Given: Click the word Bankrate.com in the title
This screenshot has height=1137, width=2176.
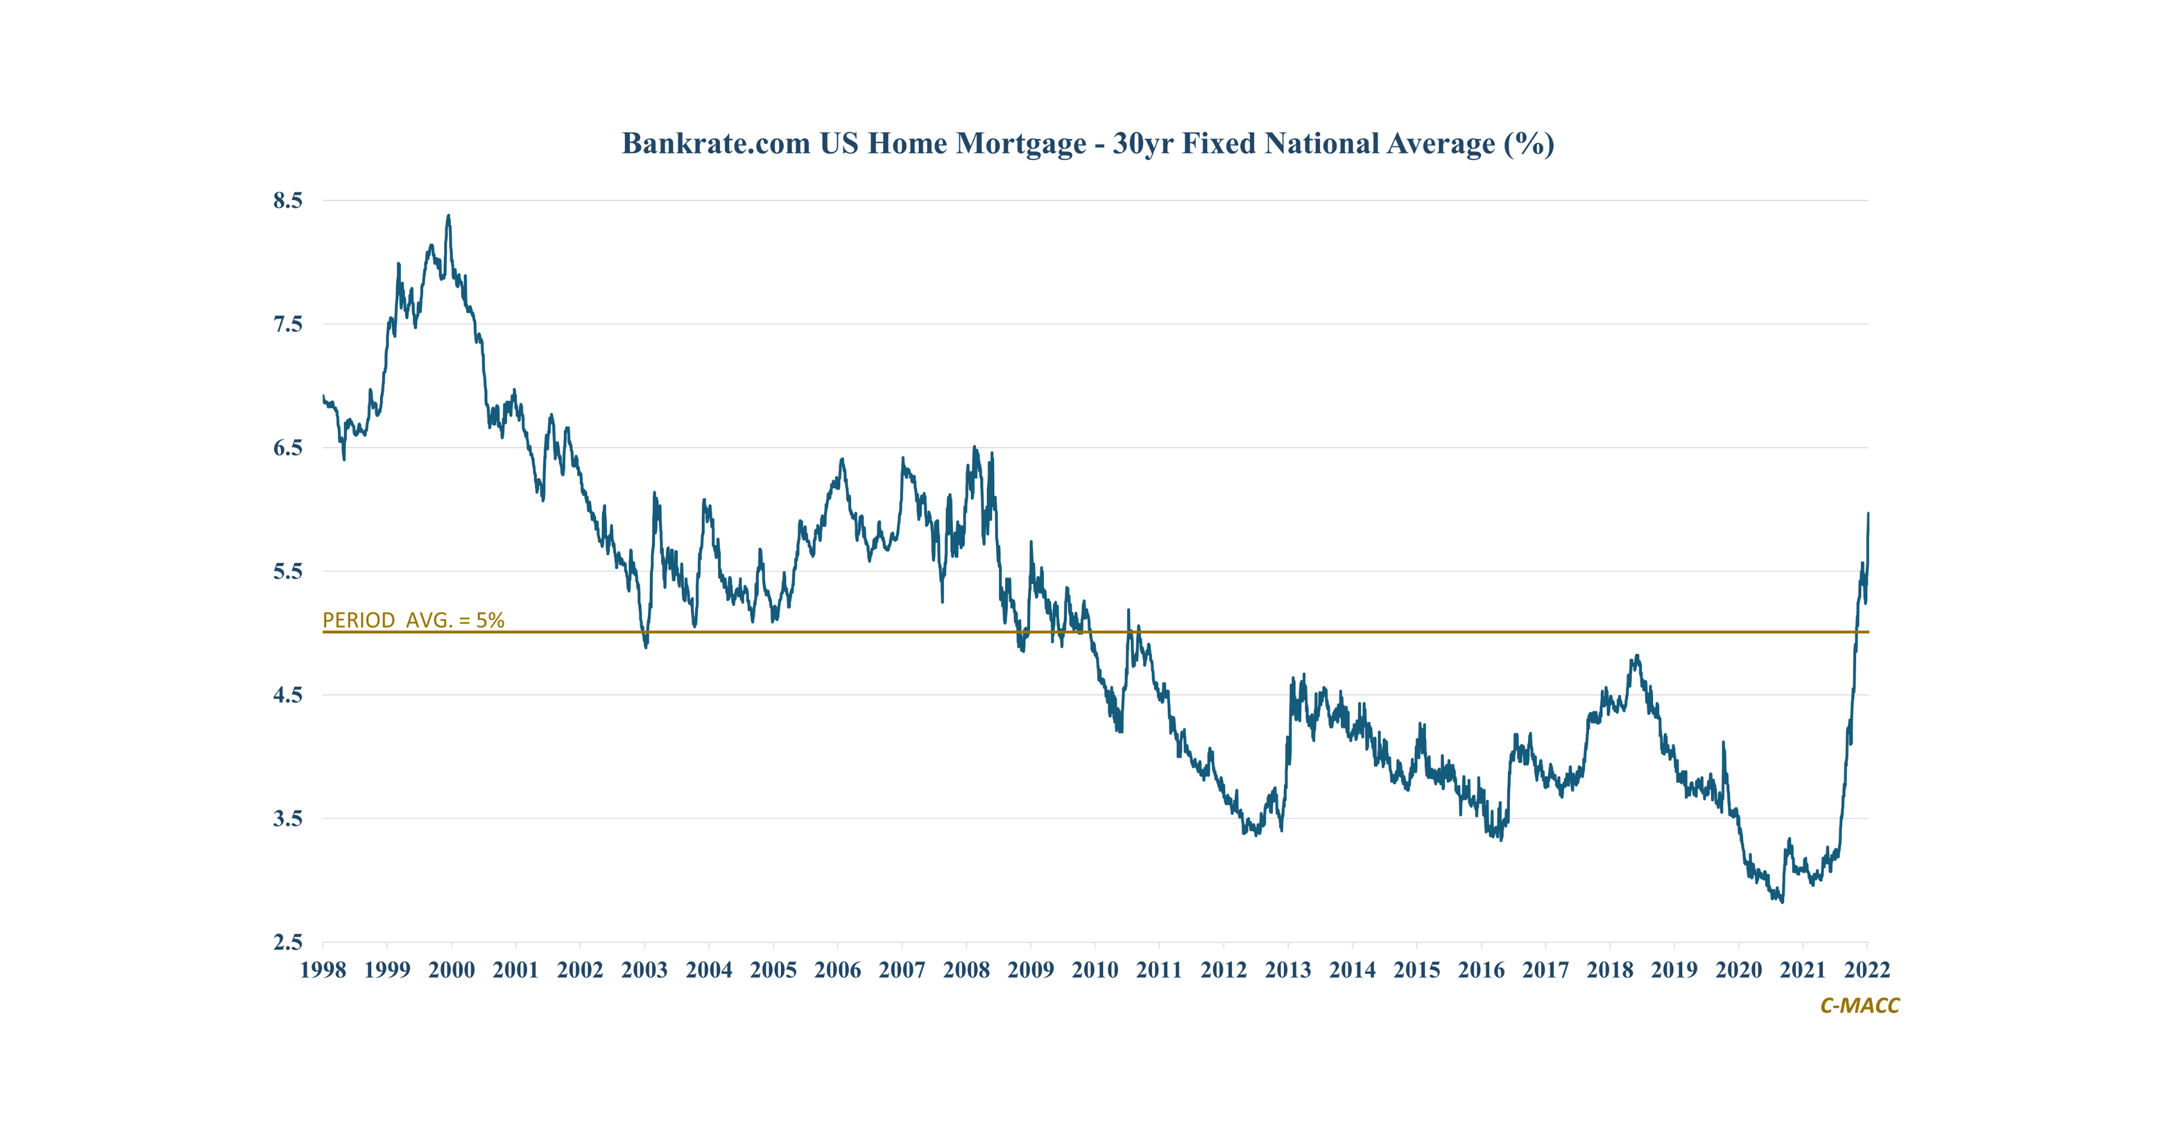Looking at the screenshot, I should point(716,144).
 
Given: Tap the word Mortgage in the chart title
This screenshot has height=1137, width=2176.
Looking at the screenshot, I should point(1022,144).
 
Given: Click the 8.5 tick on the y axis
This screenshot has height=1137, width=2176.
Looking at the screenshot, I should point(287,200).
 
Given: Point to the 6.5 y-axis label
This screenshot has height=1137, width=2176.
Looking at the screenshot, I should point(287,448).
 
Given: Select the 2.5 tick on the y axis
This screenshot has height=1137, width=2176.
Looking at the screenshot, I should point(287,942).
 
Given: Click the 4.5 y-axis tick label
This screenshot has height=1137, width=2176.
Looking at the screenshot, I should point(287,695).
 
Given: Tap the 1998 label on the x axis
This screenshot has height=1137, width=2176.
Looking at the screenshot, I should point(323,970).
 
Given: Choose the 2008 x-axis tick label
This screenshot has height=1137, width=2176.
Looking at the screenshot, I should point(967,970).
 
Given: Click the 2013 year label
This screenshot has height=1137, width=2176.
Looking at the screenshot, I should point(1288,970).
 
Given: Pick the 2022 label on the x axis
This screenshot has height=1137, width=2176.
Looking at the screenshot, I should point(1867,970).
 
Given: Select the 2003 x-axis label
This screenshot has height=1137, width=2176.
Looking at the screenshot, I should point(644,970).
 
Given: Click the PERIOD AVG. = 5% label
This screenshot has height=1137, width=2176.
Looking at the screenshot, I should point(413,620).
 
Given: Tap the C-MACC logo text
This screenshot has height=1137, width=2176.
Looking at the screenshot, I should point(1859,1005).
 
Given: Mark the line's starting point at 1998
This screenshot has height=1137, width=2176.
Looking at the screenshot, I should point(323,396).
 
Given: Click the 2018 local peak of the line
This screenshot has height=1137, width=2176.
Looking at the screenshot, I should point(1637,655).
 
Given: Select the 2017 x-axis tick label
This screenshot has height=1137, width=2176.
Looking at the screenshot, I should point(1545,970).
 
